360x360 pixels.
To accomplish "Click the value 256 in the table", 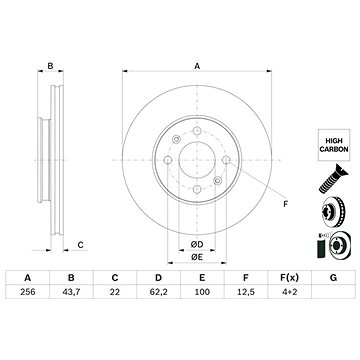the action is (28, 292).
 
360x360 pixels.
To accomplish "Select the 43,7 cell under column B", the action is (71, 292).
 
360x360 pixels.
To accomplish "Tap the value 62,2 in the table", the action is (159, 292).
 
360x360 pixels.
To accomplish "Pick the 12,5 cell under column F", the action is (246, 292).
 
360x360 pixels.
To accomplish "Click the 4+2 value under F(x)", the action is (289, 292).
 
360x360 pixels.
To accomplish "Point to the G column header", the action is (333, 277).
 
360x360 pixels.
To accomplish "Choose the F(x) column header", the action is (289, 277).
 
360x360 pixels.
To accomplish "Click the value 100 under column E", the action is (202, 292).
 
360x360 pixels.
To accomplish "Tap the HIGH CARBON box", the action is (334, 145).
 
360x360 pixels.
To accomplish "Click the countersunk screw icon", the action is (333, 179).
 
